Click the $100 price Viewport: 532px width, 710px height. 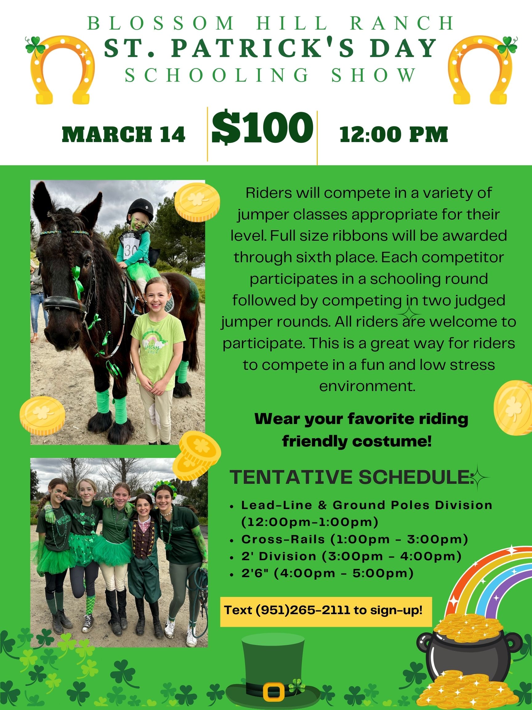(262, 128)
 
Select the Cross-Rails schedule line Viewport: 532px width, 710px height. (355, 539)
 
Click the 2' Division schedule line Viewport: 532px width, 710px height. (352, 556)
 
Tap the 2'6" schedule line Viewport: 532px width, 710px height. (327, 573)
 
